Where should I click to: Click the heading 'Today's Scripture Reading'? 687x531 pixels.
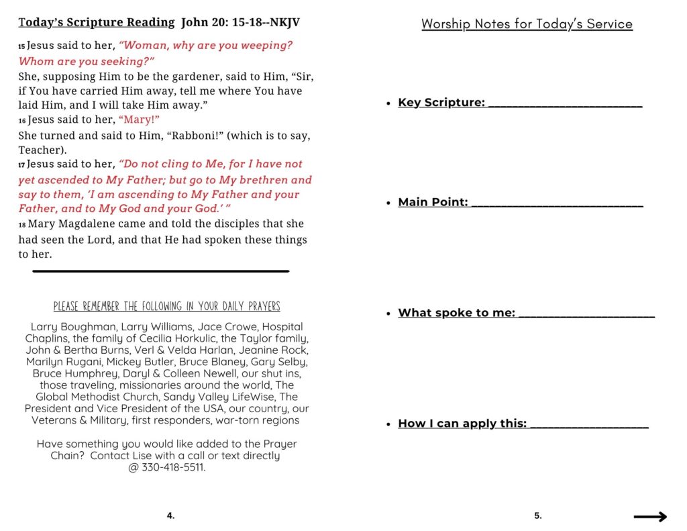pyautogui.click(x=97, y=23)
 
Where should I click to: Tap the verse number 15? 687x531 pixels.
pyautogui.click(x=21, y=47)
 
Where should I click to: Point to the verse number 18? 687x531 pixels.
pyautogui.click(x=21, y=225)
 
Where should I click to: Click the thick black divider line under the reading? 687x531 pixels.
pyautogui.click(x=160, y=271)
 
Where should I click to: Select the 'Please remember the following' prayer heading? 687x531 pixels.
pyautogui.click(x=167, y=307)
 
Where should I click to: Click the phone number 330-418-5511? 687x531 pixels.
pyautogui.click(x=173, y=467)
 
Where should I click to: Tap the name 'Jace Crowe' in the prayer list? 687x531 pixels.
pyautogui.click(x=224, y=327)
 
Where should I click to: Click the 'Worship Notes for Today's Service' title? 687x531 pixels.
pyautogui.click(x=527, y=24)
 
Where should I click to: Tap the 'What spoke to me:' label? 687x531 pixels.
pyautogui.click(x=456, y=313)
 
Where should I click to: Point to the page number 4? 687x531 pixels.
pyautogui.click(x=170, y=516)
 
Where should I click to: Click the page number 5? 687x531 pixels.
pyautogui.click(x=537, y=516)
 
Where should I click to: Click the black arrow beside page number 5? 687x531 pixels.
pyautogui.click(x=650, y=516)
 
